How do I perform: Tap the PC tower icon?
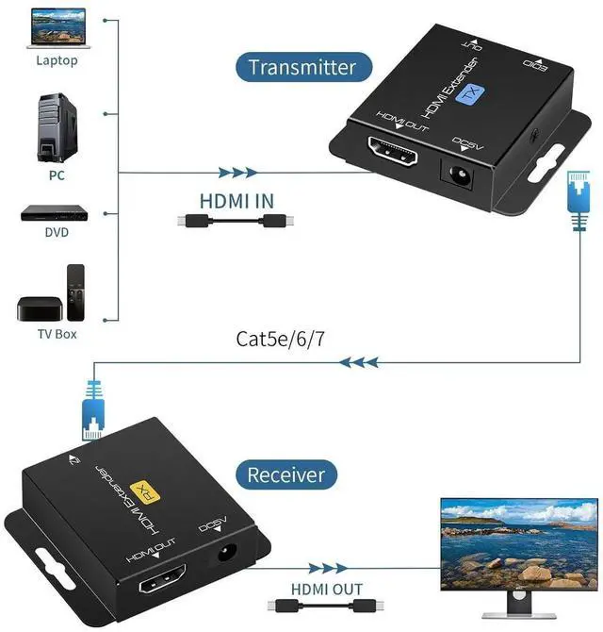56,126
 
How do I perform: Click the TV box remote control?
75,291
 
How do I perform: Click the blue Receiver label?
285,474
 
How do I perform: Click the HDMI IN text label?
236,200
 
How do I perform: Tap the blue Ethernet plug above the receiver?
93,407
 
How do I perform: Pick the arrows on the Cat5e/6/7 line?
361,361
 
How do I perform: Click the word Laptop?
57,60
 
